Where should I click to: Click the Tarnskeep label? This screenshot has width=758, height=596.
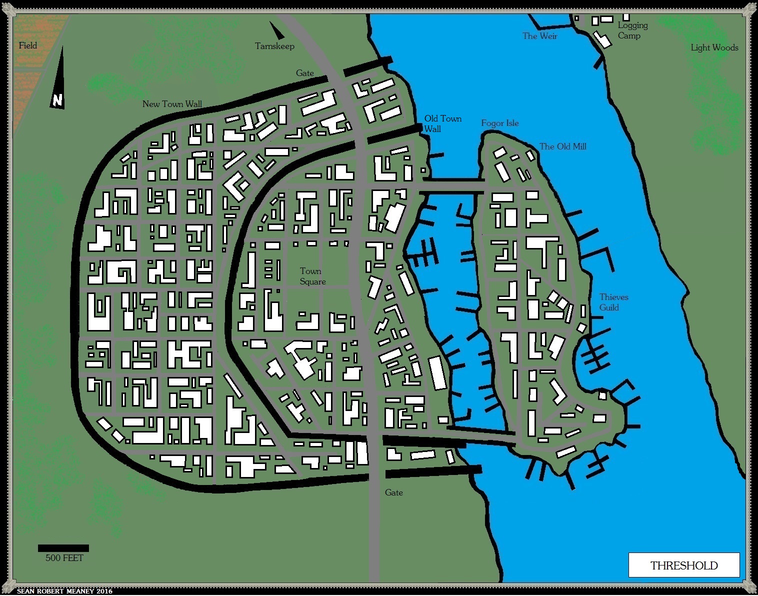pyautogui.click(x=274, y=46)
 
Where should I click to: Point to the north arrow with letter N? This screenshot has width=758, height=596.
pyautogui.click(x=58, y=80)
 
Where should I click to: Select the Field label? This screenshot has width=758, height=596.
pyautogui.click(x=28, y=45)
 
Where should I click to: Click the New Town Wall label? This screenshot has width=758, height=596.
pyautogui.click(x=172, y=104)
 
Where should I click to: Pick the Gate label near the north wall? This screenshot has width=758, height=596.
pyautogui.click(x=305, y=73)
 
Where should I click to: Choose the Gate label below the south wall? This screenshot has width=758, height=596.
pyautogui.click(x=394, y=492)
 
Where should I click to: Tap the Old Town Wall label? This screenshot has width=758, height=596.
pyautogui.click(x=442, y=123)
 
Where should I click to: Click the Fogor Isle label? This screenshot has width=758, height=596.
pyautogui.click(x=500, y=123)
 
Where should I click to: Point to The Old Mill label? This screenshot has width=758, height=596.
pyautogui.click(x=562, y=146)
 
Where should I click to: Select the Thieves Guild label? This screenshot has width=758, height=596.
pyautogui.click(x=613, y=302)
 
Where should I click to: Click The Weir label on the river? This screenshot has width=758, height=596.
pyautogui.click(x=539, y=36)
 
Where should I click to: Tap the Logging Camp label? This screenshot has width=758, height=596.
pyautogui.click(x=632, y=30)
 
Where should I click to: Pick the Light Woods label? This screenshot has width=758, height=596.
pyautogui.click(x=714, y=47)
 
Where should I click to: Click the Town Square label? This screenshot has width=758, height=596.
pyautogui.click(x=312, y=276)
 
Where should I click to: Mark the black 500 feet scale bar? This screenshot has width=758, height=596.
pyautogui.click(x=63, y=548)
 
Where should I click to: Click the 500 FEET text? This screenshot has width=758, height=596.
pyautogui.click(x=64, y=558)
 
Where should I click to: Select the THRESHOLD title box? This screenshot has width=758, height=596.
pyautogui.click(x=683, y=565)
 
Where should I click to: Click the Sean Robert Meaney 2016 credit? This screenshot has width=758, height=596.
pyautogui.click(x=64, y=591)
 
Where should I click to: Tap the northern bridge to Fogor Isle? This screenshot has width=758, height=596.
pyautogui.click(x=452, y=185)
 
